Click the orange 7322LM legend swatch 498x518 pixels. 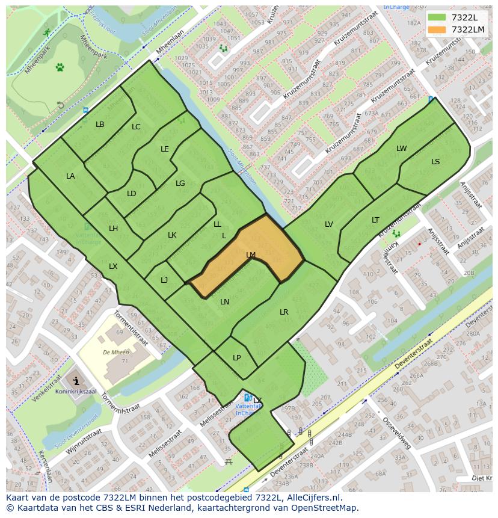tap(437, 29)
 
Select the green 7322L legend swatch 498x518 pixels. tap(437, 17)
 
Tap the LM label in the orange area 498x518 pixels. tap(251, 255)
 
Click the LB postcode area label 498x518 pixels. tap(100, 125)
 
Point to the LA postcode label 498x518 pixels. tap(70, 176)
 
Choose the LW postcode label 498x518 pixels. tap(401, 149)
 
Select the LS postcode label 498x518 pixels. tap(435, 162)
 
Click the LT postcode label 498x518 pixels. tap(375, 220)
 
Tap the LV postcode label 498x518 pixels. tap(328, 224)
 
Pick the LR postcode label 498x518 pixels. tap(284, 312)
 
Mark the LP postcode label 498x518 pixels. tap(236, 358)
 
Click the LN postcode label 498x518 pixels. tap(224, 302)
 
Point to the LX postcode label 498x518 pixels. tap(113, 267)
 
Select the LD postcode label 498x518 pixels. tap(131, 194)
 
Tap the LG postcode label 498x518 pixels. tap(180, 183)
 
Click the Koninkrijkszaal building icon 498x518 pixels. tap(76, 380)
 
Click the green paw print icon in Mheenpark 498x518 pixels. tap(60, 67)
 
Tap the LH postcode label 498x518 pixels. tap(113, 229)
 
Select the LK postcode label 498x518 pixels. tap(172, 235)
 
